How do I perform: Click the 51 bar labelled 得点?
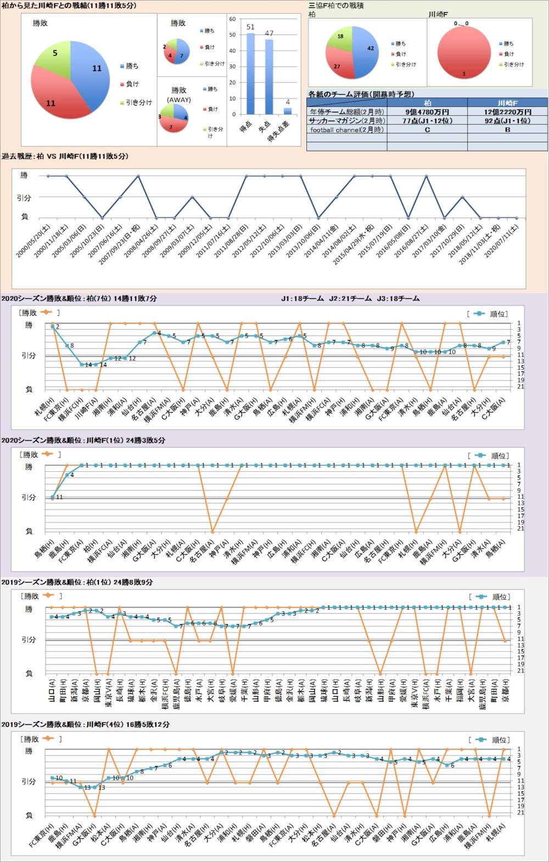[x=250, y=74]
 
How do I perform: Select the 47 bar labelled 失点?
[x=269, y=77]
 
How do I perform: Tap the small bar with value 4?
[x=288, y=111]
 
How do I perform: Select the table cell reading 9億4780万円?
[x=427, y=112]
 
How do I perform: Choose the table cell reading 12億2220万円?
[x=507, y=112]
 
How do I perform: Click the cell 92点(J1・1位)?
[x=507, y=121]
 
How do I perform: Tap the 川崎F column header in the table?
[x=507, y=103]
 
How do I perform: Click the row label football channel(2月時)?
[x=347, y=130]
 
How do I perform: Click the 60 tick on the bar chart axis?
[x=233, y=19]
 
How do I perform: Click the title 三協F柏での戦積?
[x=336, y=5]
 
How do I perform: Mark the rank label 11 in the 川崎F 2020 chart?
[x=59, y=497]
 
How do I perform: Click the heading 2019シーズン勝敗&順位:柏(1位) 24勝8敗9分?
[x=77, y=582]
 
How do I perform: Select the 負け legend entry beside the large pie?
[x=132, y=84]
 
